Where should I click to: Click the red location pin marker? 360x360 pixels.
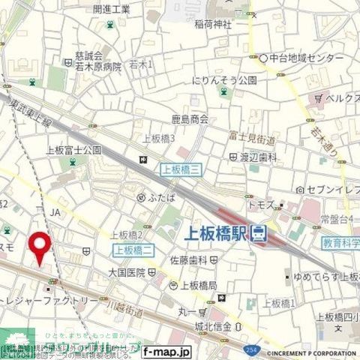coord(40,247)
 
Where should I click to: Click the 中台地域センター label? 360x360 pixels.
coord(307,57)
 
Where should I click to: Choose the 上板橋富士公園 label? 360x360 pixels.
coord(73,150)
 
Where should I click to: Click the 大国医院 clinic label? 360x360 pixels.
coord(126,271)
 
